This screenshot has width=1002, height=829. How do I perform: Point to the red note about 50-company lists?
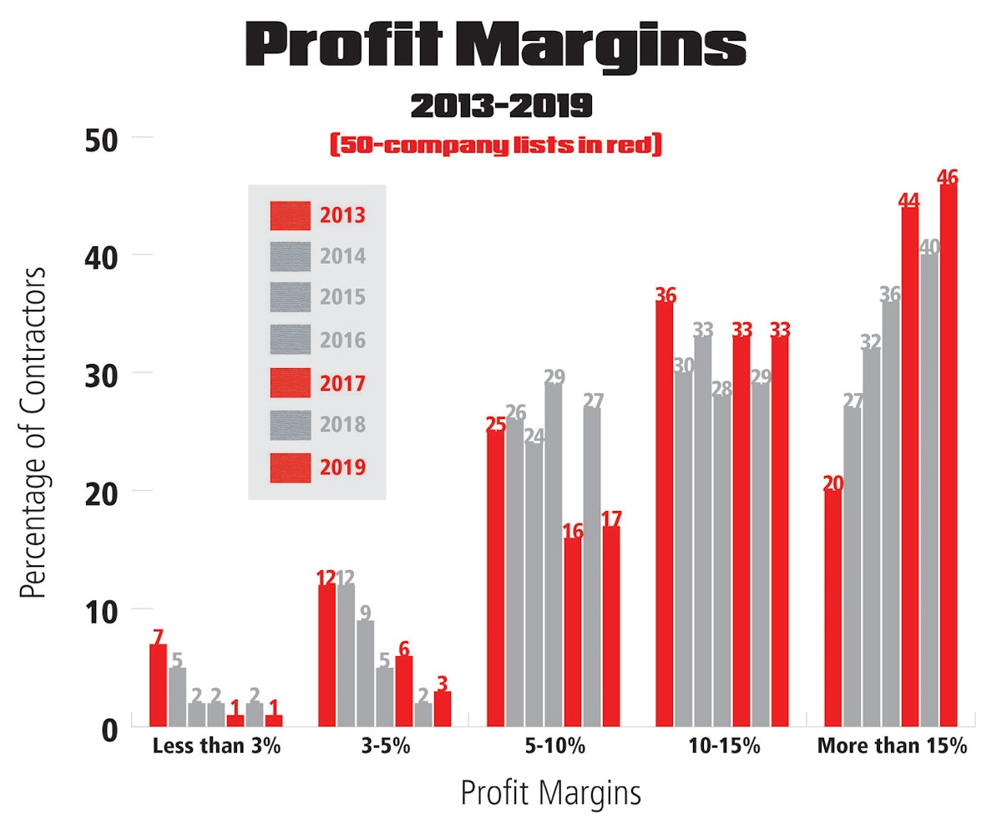coord(496,146)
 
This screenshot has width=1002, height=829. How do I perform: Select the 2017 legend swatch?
coord(290,382)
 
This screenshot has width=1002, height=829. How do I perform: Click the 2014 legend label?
coord(342,255)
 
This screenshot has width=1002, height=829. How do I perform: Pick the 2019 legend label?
coord(342,468)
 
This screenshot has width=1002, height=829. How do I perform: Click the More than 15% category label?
coord(891,746)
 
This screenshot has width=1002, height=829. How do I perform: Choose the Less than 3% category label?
coord(216,746)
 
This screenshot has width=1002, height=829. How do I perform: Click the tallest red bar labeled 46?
coord(949,455)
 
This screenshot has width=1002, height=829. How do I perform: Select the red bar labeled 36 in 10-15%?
coord(665,513)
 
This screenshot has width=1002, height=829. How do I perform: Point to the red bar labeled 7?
coord(158,685)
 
